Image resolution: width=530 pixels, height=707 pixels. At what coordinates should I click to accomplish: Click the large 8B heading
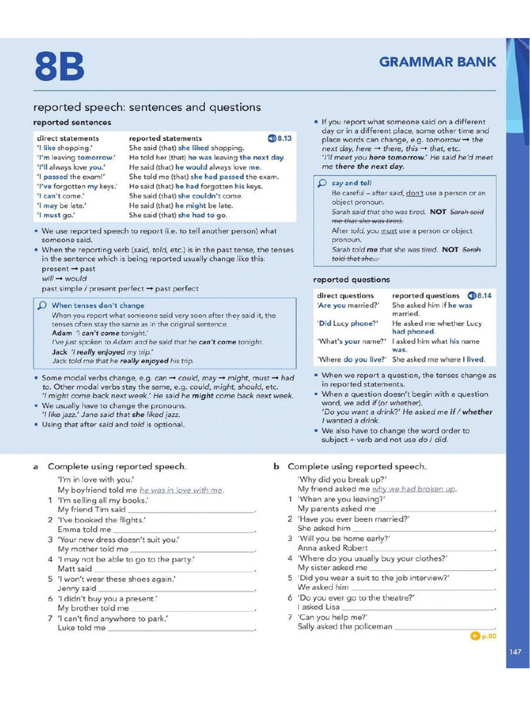pyautogui.click(x=59, y=68)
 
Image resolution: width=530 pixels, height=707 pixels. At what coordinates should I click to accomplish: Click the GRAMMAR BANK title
pyautogui.click(x=438, y=62)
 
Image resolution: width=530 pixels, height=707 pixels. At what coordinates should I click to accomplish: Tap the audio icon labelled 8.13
pyautogui.click(x=279, y=138)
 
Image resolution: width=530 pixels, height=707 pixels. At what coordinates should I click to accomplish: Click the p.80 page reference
pyautogui.click(x=483, y=636)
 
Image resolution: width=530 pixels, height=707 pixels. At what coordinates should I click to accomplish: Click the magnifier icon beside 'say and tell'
pyautogui.click(x=322, y=184)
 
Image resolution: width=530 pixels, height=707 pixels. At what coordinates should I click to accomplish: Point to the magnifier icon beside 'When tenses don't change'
pyautogui.click(x=42, y=305)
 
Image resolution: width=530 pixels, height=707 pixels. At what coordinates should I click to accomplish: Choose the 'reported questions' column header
pyautogui.click(x=425, y=296)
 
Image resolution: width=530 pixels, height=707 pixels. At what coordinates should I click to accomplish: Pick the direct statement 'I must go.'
pyautogui.click(x=55, y=215)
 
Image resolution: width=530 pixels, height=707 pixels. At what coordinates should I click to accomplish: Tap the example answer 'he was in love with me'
pyautogui.click(x=181, y=490)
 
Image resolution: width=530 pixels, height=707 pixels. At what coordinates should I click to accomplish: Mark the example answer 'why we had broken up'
pyautogui.click(x=414, y=489)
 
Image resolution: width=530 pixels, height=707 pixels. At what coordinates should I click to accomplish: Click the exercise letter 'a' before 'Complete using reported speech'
pyautogui.click(x=35, y=467)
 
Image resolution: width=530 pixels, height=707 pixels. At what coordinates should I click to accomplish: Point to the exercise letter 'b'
pyautogui.click(x=276, y=467)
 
